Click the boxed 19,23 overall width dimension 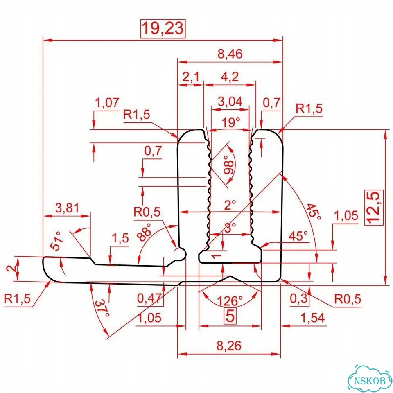[163, 28]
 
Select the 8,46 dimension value [230, 54]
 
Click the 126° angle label [230, 300]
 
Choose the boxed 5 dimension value [230, 316]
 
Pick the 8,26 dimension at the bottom [229, 346]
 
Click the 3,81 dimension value [67, 208]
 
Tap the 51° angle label [56, 241]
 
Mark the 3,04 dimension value [230, 102]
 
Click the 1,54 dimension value [312, 318]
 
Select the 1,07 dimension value [107, 103]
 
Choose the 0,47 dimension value [149, 298]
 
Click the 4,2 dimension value [230, 77]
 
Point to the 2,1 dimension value [190, 77]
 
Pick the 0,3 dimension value [299, 298]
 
